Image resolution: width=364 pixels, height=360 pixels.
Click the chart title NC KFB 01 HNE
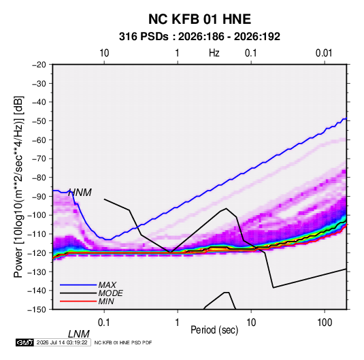tap(199, 19)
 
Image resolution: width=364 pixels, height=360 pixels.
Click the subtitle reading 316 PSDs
tap(144, 37)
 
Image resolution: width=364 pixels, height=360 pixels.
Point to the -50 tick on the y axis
tap(39, 121)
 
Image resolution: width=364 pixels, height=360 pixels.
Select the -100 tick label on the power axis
tap(37, 215)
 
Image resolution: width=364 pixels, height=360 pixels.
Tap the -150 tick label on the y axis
tap(37, 310)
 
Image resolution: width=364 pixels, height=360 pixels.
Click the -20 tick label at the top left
tap(39, 65)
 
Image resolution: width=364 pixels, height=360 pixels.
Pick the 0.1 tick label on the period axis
tap(103, 323)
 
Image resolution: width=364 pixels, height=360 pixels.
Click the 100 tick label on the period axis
tap(325, 323)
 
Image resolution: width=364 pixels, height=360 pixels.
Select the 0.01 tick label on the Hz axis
tap(324, 53)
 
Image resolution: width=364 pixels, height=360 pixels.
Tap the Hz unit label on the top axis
tap(214, 53)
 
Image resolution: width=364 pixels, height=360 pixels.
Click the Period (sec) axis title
tap(214, 330)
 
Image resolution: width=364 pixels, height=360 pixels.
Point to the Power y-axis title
tap(18, 187)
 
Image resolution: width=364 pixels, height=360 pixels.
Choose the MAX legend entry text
tap(107, 285)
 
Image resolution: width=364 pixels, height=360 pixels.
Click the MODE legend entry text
tap(110, 293)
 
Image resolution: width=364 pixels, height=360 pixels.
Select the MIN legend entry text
tap(106, 301)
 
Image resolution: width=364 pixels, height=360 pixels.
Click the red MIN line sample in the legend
tap(78, 301)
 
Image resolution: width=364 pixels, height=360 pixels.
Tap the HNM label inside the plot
tap(80, 193)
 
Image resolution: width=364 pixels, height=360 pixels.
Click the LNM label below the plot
tap(79, 334)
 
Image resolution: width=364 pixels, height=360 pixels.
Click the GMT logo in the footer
tap(24, 342)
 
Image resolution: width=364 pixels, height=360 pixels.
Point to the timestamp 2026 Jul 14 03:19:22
tap(62, 342)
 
